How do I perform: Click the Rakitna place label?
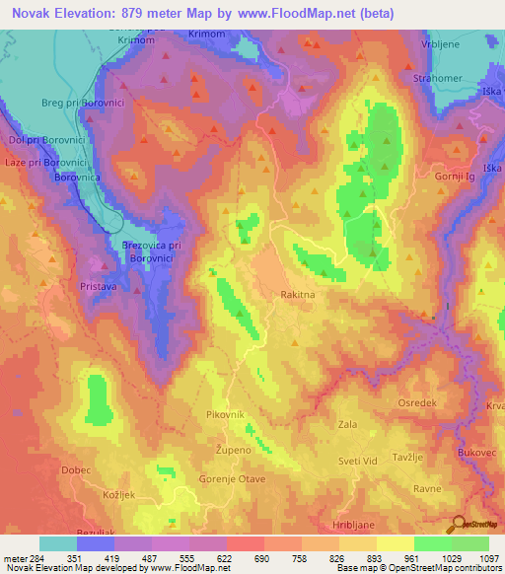click(x=298, y=294)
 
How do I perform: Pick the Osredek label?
click(x=416, y=401)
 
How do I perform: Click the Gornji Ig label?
click(x=456, y=176)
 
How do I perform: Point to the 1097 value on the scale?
click(x=487, y=557)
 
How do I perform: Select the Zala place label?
click(x=347, y=424)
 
